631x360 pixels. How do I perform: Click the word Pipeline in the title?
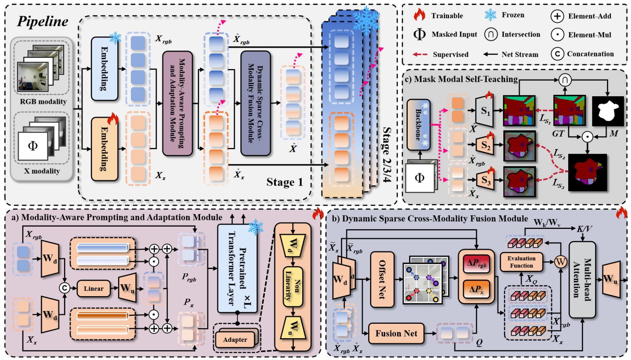point(43,22)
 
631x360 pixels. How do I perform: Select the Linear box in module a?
point(93,288)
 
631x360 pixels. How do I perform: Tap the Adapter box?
point(235,340)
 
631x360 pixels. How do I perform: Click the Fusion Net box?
point(396,334)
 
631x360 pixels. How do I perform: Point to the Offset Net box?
point(382,279)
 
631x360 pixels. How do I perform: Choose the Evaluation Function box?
point(521,262)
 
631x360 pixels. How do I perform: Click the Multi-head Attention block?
point(582,279)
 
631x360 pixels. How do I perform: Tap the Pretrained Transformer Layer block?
point(237,268)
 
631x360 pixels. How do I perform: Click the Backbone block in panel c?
point(419,125)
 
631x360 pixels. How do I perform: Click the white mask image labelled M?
point(608,111)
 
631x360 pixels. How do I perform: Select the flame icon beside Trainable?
point(419,15)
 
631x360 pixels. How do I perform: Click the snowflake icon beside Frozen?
point(490,15)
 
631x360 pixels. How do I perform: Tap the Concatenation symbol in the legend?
point(557,54)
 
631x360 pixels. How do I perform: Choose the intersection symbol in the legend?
point(491,35)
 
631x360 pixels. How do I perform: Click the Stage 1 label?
point(284,182)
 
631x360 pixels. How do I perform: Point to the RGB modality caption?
point(43,102)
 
